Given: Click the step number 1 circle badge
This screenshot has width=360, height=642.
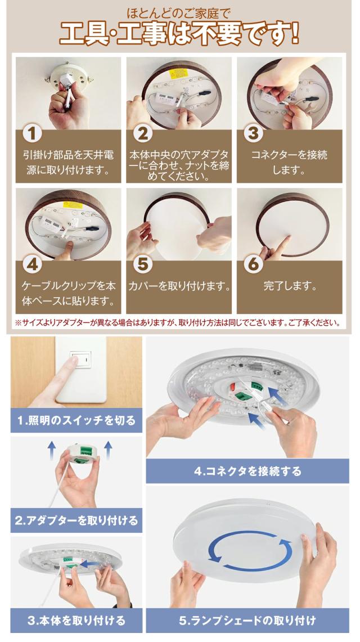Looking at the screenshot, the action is pos(33,134).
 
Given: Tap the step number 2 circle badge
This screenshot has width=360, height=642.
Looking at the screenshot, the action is pos(143,134).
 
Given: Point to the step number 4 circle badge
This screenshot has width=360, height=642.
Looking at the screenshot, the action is pos(33,264).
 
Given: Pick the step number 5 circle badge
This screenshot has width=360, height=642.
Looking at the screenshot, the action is pos(143,264).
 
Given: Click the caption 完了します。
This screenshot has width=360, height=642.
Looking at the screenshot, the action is pos(290,286).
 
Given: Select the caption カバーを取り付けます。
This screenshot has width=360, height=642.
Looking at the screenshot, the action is pos(179,286).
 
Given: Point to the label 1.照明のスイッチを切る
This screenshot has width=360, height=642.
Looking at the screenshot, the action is pos(76,420).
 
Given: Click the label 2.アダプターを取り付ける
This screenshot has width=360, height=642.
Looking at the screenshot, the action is pos(76,520).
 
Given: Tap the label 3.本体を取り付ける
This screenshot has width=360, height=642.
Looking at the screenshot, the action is pos(76,620).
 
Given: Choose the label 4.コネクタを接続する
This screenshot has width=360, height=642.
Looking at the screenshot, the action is pos(247,471).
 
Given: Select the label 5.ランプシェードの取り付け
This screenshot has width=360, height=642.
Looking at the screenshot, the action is pos(247,620).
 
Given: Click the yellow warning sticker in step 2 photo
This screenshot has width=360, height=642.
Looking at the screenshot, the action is pos(178,74).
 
